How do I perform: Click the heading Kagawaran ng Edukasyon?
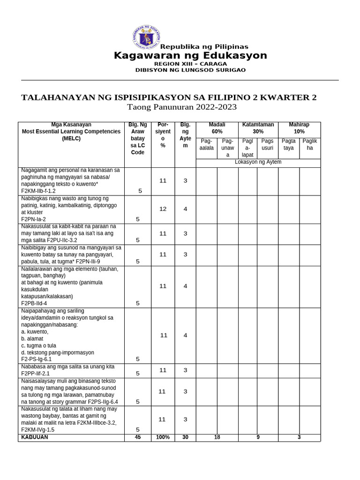[190, 56]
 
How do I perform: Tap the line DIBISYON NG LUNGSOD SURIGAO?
[190, 70]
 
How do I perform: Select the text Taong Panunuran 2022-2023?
[182, 107]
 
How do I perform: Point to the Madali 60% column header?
[217, 128]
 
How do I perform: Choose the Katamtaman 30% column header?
[258, 128]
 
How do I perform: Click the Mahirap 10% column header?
[299, 128]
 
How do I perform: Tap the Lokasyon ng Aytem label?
[258, 162]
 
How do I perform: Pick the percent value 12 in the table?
[163, 209]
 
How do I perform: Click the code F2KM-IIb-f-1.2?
[38, 191]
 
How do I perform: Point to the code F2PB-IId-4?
[34, 303]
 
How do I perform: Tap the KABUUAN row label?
[35, 437]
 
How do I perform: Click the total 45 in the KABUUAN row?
[138, 437]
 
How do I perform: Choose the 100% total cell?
[163, 437]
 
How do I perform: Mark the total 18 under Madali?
[217, 437]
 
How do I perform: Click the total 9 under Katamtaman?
[258, 437]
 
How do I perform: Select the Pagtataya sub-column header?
[289, 144]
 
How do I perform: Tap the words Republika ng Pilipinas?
[204, 47]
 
